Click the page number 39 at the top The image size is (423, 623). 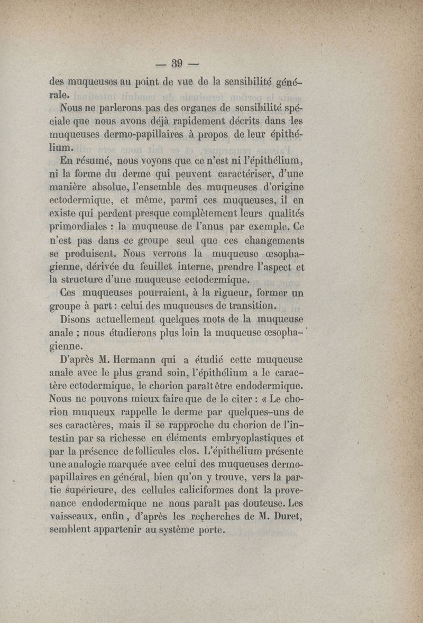[177, 64]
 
